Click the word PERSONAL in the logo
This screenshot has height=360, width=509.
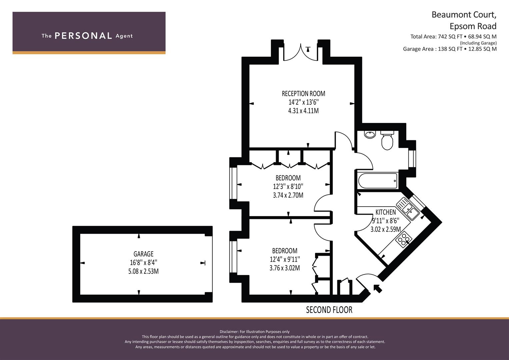83,36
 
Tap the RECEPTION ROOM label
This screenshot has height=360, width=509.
303,94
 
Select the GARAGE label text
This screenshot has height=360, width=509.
143,254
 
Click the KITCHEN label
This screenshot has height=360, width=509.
386,212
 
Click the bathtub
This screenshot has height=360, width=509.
378,181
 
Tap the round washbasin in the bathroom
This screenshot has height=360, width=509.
370,134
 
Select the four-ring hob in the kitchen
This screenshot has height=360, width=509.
404,239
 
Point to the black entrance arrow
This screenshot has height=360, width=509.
378,289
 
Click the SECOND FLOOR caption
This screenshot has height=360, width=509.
329,310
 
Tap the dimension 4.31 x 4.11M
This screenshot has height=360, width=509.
303,111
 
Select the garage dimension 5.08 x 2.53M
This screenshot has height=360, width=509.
143,271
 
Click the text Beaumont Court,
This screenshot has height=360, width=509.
464,15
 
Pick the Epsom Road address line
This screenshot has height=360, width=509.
473,26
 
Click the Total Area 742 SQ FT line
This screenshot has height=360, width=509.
453,37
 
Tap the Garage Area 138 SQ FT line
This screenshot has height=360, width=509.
450,49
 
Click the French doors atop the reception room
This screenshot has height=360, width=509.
301,53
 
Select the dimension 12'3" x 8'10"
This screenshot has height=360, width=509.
288,187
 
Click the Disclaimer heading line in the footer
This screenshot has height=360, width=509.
255,332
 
